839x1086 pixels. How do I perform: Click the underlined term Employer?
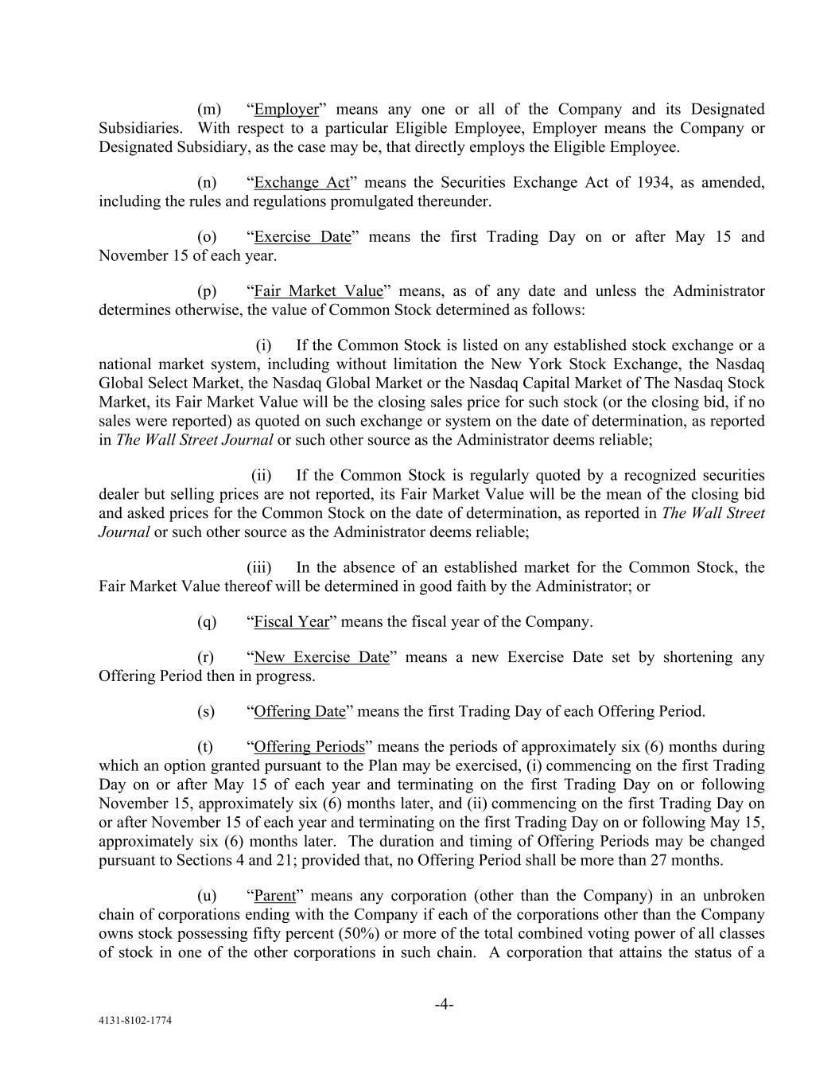[285, 109]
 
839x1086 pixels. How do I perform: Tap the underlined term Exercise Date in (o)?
[302, 236]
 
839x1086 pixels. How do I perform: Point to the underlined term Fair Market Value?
[318, 290]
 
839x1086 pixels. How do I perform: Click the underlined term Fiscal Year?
[291, 621]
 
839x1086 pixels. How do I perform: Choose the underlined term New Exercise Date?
[321, 656]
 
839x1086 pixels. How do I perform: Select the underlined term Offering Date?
[300, 710]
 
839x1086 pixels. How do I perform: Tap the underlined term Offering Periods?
[309, 746]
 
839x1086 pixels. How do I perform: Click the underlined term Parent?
[274, 895]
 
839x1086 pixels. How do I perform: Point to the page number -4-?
[444, 1004]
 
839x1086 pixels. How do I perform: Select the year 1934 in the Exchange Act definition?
[654, 182]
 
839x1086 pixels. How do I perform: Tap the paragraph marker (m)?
[208, 109]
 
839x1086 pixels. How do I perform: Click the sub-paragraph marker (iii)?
[258, 567]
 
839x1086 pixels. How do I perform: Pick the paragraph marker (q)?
[207, 621]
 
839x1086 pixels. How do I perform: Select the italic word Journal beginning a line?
[124, 532]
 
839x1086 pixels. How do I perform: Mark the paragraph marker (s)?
[206, 710]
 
